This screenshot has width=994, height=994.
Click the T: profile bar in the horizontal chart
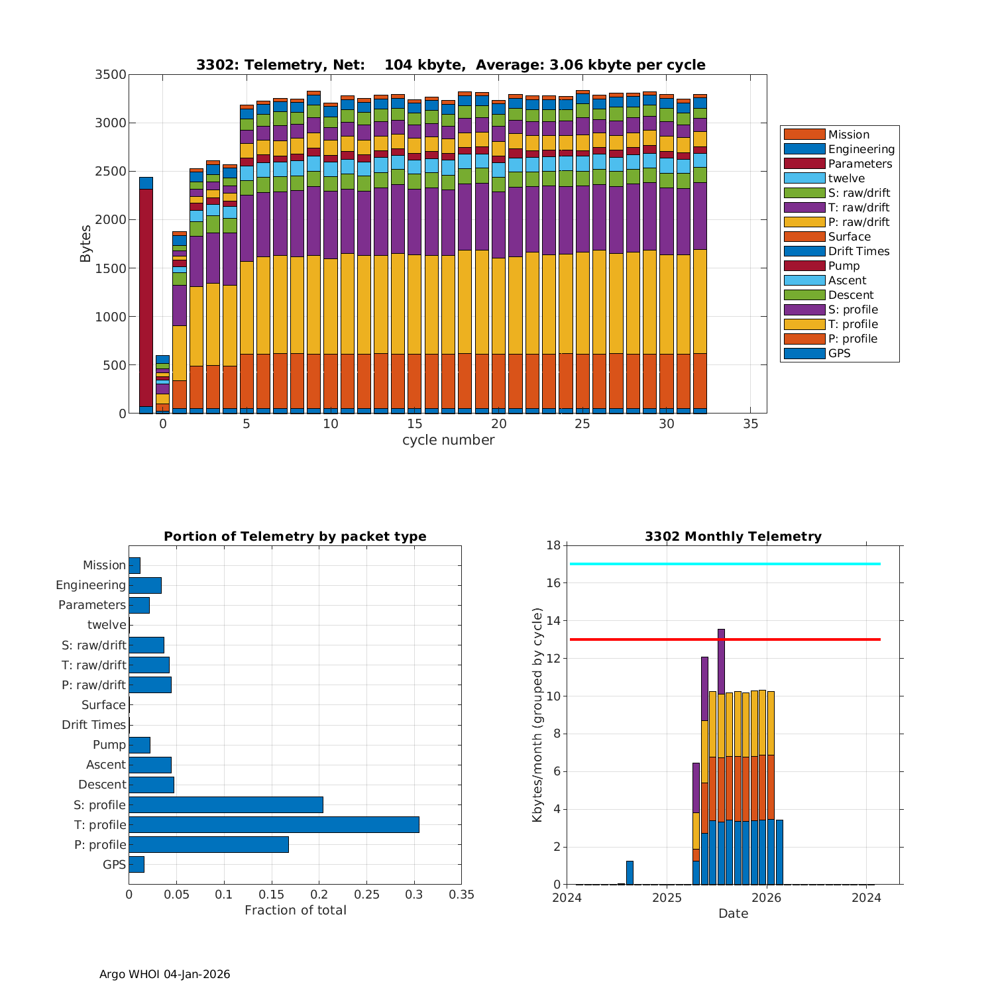coord(274,824)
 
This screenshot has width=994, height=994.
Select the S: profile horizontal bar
coord(226,804)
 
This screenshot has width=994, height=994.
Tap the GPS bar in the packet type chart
coord(137,864)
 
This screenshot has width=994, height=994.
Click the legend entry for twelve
coord(846,178)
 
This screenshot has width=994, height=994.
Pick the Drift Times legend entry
coord(858,251)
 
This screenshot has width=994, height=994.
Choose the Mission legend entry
coord(848,135)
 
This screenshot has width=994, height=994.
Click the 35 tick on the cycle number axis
coord(750,424)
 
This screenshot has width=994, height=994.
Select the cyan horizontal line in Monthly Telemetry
coord(725,564)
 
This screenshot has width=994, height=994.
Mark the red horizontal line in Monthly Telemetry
coord(725,639)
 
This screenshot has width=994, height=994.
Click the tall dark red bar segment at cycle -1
coord(146,298)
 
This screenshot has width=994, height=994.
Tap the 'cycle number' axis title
coord(448,440)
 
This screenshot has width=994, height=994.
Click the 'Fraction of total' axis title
coord(295,910)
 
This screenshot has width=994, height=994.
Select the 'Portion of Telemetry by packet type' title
coord(295,536)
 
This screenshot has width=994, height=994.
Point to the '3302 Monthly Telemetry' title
coord(733,536)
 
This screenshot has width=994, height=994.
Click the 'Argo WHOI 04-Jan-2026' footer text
coord(164,974)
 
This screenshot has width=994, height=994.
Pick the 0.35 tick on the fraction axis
coord(461,895)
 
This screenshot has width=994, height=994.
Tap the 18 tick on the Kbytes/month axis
coord(553,545)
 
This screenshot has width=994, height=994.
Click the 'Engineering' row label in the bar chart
coord(91,585)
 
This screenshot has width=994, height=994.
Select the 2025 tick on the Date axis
coord(667,898)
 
